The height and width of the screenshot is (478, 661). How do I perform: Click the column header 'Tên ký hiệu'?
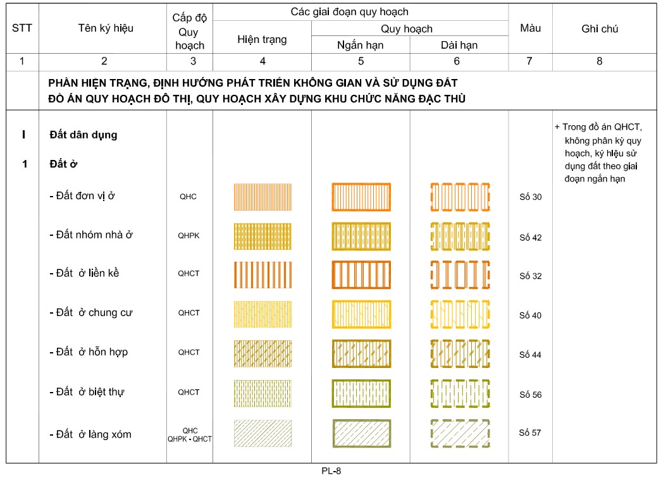pos(106,28)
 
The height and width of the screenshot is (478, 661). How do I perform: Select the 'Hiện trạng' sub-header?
pos(262,40)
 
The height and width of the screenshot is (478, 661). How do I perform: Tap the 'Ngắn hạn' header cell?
pos(360,46)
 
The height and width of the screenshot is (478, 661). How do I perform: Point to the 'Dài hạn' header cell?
pos(459,46)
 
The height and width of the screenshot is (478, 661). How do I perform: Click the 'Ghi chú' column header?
pos(599,29)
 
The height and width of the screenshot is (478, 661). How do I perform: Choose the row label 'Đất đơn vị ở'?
pos(82,196)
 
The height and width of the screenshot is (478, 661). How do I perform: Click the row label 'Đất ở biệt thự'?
pos(87,392)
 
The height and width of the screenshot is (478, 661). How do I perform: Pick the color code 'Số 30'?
pos(530,197)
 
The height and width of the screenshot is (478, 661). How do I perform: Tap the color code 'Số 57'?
pos(530,433)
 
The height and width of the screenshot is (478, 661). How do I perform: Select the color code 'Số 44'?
pos(530,355)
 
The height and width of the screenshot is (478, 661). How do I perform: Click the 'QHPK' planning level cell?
pos(188,235)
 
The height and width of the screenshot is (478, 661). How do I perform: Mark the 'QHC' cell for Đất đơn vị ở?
pos(188,197)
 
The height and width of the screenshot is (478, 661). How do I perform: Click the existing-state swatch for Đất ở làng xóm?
pos(263,434)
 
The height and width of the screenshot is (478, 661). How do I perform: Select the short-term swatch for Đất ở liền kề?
pos(361,275)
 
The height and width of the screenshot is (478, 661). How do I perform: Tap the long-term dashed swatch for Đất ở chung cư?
pos(460,314)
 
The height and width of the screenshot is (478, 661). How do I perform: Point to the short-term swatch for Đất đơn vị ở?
pos(361,197)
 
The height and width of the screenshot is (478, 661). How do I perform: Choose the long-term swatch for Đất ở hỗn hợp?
pos(460,353)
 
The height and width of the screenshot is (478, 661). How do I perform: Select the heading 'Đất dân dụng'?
pos(83,135)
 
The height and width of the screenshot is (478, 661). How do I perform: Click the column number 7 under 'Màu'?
pos(529,61)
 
